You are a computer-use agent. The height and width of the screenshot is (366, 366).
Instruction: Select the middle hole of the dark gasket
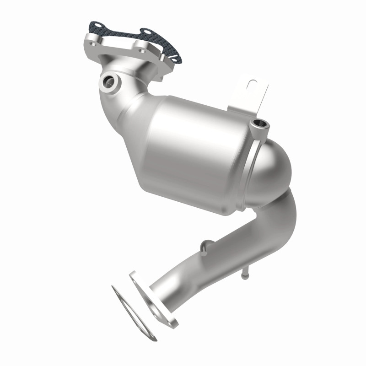[146, 32]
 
